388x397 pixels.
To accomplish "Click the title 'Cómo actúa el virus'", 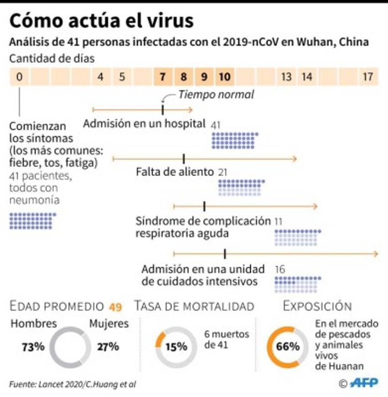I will tap(101, 21).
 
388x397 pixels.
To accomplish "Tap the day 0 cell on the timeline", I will tap(19, 77).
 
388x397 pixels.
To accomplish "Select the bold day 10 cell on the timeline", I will tap(224, 77).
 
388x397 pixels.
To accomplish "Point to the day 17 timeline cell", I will tap(367, 77).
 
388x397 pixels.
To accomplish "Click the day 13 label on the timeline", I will tap(286, 77).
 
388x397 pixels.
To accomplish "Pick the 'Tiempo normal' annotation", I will tap(216, 94).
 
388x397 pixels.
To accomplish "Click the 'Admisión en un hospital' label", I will tap(144, 124).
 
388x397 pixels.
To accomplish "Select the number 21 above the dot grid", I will tap(223, 172).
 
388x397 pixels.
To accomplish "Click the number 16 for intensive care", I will tap(280, 269).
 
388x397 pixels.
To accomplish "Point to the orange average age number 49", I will tap(115, 307).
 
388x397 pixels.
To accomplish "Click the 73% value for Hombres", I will tap(33, 347).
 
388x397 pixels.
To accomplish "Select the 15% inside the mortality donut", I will tap(176, 347).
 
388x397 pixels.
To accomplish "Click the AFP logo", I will tap(363, 382).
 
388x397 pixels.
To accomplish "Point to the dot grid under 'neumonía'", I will tap(32, 221).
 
